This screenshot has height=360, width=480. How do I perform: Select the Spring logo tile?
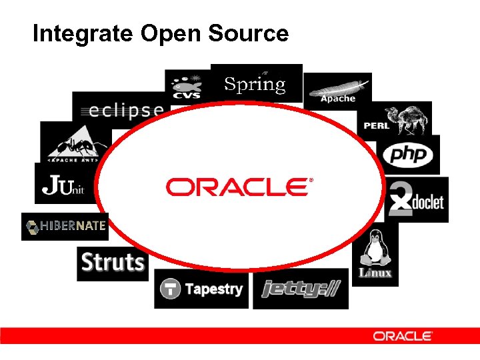255,83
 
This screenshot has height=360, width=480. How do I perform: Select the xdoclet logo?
417,199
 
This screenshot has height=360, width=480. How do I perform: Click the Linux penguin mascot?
375,249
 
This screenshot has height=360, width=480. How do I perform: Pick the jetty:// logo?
301,289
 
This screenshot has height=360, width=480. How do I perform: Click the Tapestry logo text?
214,289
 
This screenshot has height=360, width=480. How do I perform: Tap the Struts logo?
113,263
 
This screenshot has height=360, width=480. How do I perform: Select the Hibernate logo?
65,226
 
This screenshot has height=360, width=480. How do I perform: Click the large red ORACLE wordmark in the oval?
236,187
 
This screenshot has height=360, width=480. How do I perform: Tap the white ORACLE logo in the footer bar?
403,336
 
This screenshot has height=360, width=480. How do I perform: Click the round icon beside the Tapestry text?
171,289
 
